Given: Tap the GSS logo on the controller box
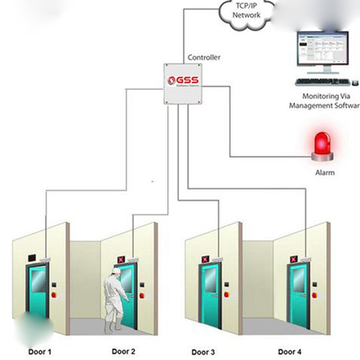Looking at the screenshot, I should pos(181,81).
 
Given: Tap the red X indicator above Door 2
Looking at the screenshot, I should pos(120,257).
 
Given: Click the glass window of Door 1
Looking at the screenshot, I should pos(37,282).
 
